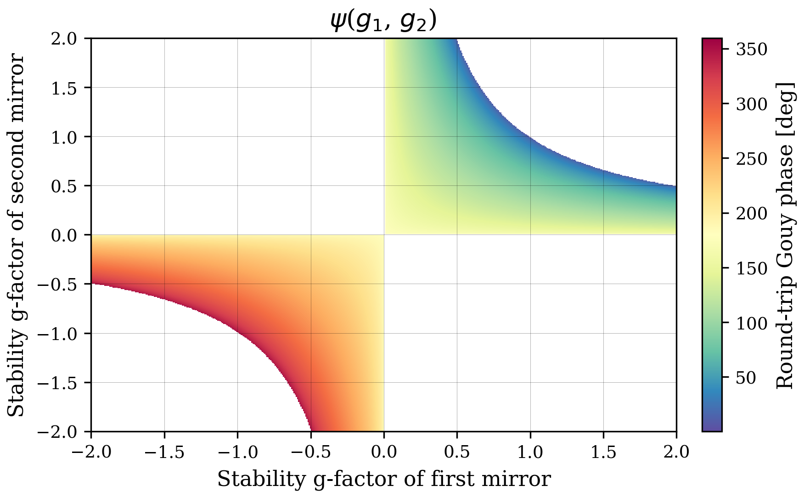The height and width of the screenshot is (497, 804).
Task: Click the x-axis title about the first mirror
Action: click(x=383, y=480)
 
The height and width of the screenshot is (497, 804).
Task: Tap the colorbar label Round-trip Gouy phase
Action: click(x=786, y=235)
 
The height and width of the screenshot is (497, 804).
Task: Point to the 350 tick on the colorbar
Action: click(x=752, y=49)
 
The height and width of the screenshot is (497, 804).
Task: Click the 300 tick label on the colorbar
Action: click(x=752, y=104)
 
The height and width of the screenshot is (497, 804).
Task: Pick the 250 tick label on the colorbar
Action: click(x=752, y=159)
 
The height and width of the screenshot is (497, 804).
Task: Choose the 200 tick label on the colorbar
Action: click(x=752, y=213)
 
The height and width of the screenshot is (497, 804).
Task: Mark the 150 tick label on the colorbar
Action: click(x=752, y=268)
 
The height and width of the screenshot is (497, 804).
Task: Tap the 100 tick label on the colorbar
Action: click(x=752, y=323)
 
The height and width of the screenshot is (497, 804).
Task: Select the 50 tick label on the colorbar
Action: click(x=746, y=378)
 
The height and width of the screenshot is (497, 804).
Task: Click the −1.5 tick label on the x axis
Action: click(x=164, y=452)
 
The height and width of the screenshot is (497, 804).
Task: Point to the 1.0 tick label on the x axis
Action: click(x=530, y=452)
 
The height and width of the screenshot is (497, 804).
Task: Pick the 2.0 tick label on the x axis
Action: click(x=676, y=452)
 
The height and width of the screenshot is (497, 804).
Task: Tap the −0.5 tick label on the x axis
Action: click(x=310, y=452)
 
